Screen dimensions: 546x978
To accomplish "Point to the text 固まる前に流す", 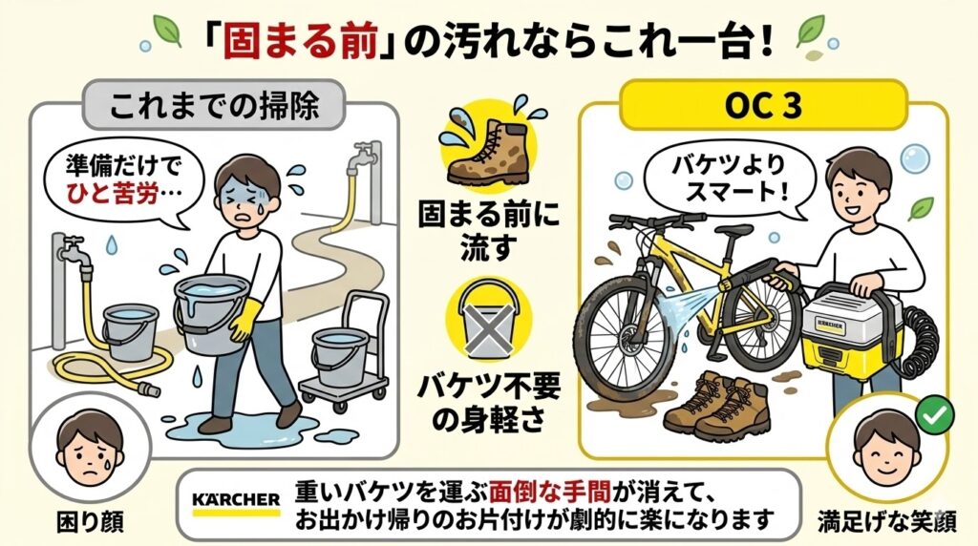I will [x=490, y=228].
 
